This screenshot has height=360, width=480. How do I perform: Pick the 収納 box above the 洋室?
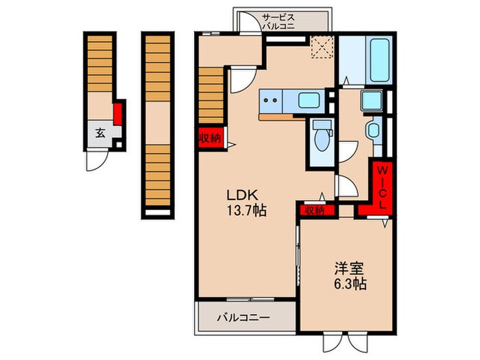tap(315, 211)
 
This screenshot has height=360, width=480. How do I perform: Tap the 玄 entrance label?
tap(99, 133)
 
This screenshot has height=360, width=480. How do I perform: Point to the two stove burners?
tap(270, 101)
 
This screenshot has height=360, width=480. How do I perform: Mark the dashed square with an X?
tap(320, 46)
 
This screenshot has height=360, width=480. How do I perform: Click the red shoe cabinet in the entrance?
tap(117, 112)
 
